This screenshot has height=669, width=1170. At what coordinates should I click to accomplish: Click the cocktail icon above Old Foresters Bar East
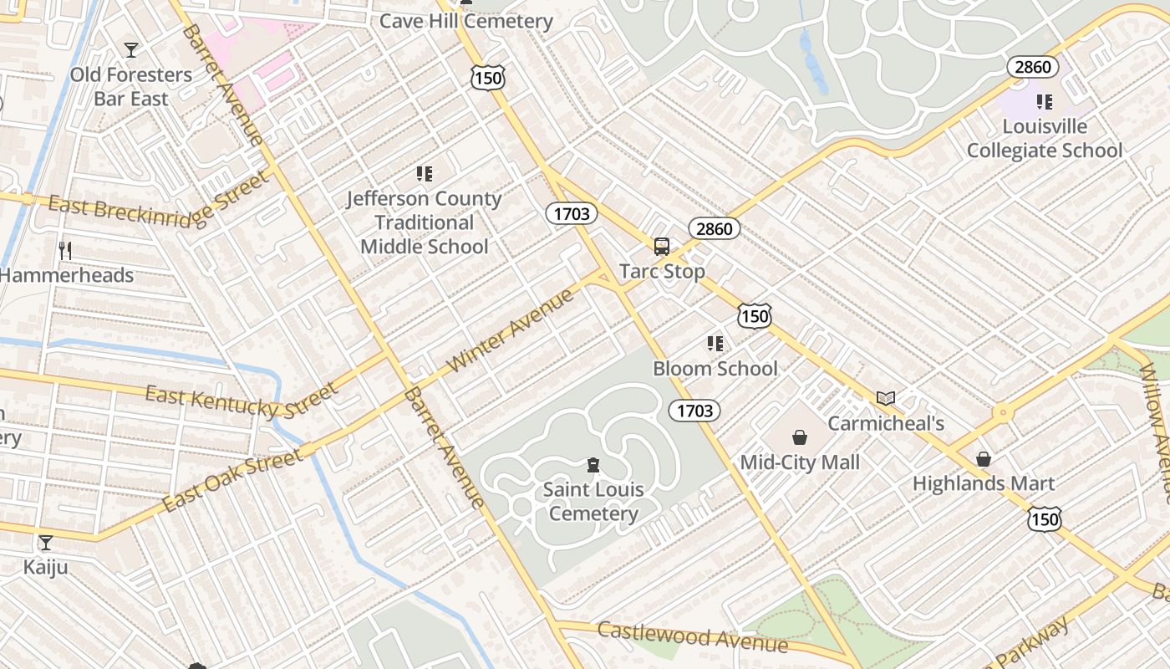[x=130, y=50]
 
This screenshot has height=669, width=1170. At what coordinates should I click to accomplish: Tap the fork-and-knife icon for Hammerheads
[x=65, y=250]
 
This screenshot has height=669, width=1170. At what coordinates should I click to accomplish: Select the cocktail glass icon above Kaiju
[x=46, y=543]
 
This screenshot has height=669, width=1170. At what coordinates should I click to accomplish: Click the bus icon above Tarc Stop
[x=662, y=247]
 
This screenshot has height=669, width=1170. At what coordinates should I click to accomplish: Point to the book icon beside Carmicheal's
[x=886, y=399]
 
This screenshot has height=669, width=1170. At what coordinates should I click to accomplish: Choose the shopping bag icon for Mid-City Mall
[x=800, y=437]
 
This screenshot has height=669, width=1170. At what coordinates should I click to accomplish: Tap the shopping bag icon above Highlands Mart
[x=984, y=459]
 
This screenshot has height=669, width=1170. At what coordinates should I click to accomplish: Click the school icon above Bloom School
[x=715, y=344]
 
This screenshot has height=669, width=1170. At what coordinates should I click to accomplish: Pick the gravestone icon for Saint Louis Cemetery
[x=593, y=465]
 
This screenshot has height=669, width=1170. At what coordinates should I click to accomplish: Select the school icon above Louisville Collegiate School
[x=1045, y=102]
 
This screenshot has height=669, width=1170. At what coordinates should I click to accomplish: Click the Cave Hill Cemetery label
[x=466, y=21]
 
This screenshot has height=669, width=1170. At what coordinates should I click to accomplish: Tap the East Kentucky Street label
[x=242, y=401]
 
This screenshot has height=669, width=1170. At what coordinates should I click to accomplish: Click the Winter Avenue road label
[x=511, y=330]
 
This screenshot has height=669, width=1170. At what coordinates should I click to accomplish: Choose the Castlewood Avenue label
[x=693, y=637]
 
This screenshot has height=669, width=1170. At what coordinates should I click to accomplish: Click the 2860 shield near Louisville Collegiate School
[x=1032, y=67]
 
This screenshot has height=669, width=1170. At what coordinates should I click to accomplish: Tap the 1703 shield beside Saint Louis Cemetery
[x=694, y=410]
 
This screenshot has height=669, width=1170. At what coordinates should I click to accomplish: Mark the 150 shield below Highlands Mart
[x=1045, y=519]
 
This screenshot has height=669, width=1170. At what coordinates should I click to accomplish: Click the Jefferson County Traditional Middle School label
[x=425, y=222]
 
